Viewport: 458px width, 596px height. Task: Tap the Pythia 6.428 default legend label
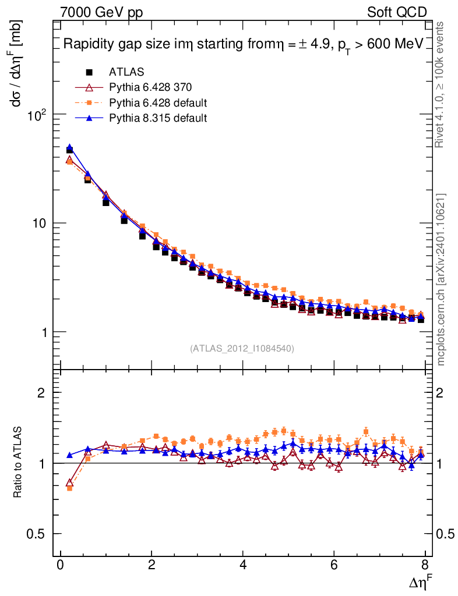click(x=158, y=103)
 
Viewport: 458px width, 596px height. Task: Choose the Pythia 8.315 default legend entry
click(x=158, y=118)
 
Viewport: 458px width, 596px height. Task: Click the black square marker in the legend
click(x=89, y=72)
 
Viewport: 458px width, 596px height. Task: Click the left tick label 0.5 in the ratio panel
click(x=38, y=534)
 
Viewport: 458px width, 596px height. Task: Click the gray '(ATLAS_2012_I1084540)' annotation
click(x=242, y=349)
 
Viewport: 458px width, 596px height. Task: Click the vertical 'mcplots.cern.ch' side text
click(x=442, y=279)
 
